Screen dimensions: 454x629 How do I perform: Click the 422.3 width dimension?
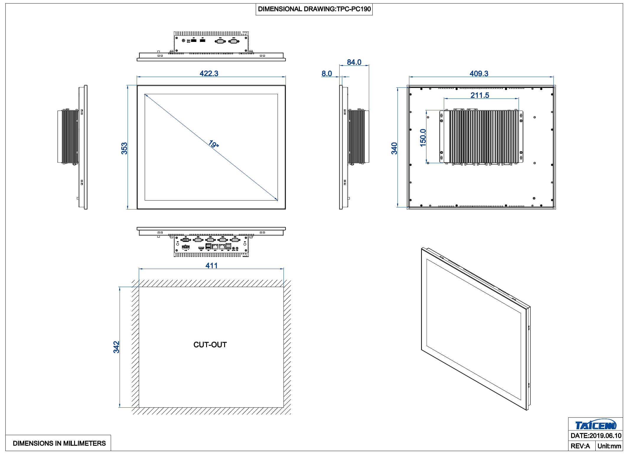coord(209,73)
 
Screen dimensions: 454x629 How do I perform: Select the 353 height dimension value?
coord(124,148)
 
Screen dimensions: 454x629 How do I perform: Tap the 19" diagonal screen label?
coord(213,144)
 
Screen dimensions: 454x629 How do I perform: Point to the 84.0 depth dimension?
coord(354,62)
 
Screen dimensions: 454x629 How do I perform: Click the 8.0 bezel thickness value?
coord(327,74)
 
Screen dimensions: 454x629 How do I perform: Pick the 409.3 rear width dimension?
coord(479,73)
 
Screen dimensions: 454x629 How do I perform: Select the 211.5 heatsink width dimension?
coord(480,95)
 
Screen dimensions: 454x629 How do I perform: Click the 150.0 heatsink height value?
coord(423,138)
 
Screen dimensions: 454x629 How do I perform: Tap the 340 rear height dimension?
coord(394,148)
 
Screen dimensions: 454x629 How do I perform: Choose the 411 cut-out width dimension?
coord(211,265)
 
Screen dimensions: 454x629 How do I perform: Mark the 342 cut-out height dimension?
coord(116,347)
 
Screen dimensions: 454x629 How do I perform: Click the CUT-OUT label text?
coord(210,345)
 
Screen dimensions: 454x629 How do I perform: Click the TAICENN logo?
coord(596,425)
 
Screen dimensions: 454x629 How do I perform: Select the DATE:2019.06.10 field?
coord(596,436)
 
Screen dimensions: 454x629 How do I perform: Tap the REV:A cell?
coord(580,446)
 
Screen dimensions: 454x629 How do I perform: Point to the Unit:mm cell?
coord(609,446)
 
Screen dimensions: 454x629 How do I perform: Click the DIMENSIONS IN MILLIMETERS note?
coord(59,443)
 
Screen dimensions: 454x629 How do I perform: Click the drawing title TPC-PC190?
coord(314,9)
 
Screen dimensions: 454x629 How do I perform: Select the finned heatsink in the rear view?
coord(483,137)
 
